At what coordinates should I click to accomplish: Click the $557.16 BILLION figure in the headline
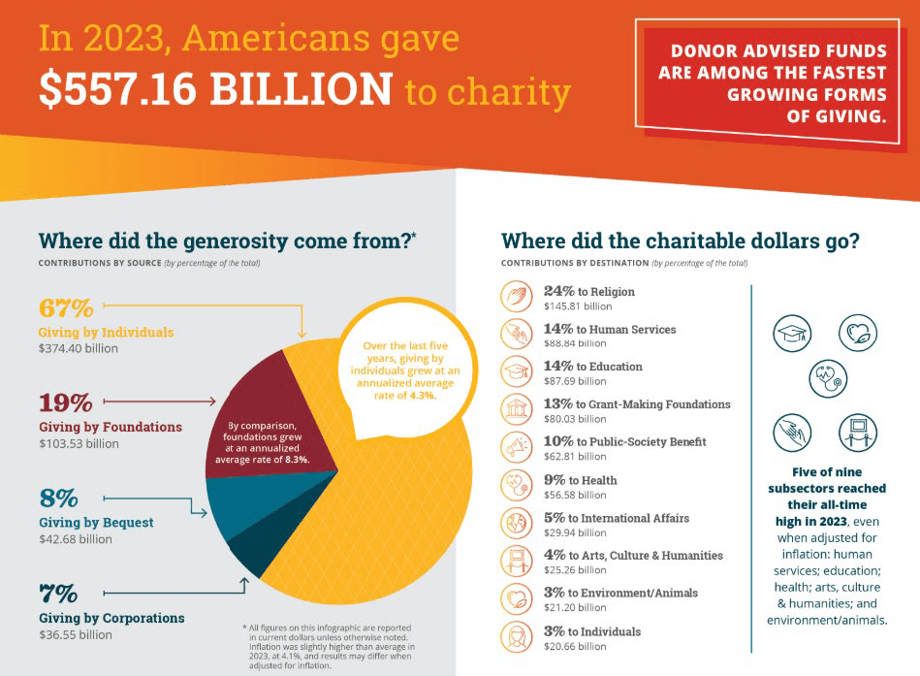tap(215, 89)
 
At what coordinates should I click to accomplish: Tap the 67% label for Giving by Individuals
tap(66, 308)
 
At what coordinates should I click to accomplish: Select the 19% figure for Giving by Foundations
tap(65, 402)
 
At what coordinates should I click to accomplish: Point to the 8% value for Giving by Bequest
tap(58, 499)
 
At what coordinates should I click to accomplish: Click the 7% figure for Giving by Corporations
tap(58, 592)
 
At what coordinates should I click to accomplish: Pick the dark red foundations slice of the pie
tap(262, 388)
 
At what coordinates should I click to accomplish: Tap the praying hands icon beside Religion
tap(517, 296)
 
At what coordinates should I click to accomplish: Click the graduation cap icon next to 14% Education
tap(517, 371)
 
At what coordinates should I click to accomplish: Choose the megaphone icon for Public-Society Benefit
tap(517, 447)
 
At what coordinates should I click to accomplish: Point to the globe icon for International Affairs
tap(517, 523)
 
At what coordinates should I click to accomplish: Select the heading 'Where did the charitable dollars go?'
tap(680, 241)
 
